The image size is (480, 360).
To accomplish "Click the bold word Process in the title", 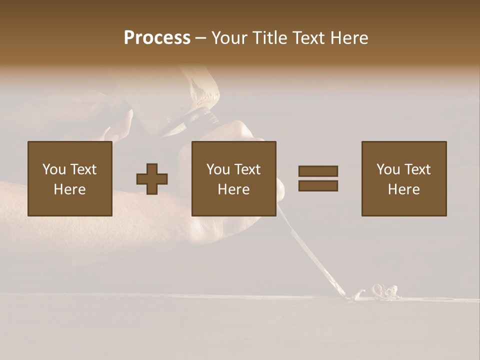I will tap(157, 38).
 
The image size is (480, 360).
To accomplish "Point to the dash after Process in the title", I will tap(201, 38).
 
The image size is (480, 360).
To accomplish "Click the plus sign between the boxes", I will tap(152, 179).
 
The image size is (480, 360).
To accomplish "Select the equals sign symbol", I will tap(318, 178).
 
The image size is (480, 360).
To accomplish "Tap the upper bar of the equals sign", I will tap(318, 171).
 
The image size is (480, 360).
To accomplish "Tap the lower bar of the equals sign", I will tap(318, 186).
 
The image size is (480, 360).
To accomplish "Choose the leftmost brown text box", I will tap(69, 178).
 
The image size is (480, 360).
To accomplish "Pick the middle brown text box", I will tap(233, 178).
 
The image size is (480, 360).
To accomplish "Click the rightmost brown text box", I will tap(403, 178).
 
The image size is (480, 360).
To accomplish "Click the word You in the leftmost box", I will tap(53, 169).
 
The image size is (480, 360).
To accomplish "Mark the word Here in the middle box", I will tap(233, 189).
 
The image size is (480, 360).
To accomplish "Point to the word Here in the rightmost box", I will tap(403, 189).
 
